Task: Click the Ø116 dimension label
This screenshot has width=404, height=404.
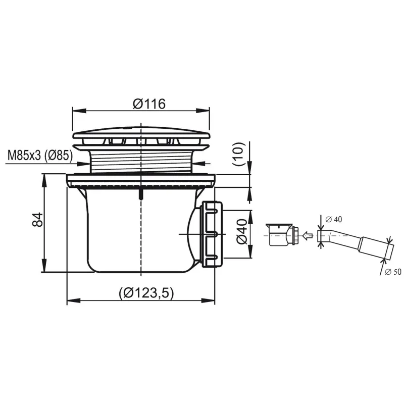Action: point(149,104)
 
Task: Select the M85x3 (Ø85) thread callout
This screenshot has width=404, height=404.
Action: point(40,156)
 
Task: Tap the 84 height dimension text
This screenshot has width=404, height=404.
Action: point(37,220)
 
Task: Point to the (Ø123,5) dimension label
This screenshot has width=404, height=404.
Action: point(146,293)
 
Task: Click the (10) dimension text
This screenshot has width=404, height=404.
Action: point(238,154)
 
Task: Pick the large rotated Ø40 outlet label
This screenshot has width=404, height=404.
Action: point(242,231)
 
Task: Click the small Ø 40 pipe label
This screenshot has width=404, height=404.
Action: point(333,219)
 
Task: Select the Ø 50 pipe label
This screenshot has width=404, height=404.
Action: point(393,272)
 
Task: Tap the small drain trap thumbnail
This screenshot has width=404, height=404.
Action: point(283,234)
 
